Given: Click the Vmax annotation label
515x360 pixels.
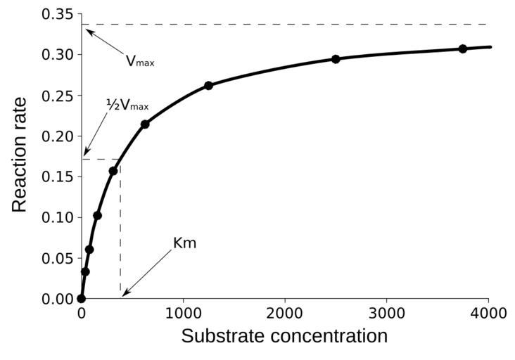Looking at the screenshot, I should point(140,61).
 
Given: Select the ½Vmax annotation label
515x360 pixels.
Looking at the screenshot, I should point(127,105).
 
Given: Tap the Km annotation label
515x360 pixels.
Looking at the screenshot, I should point(184,243).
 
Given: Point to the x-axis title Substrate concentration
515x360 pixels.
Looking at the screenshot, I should point(284,336).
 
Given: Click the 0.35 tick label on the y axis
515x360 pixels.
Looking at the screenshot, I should point(57,14).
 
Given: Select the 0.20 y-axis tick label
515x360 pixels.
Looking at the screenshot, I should point(57,136).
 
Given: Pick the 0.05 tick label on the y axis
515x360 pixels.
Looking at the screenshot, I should point(57,258).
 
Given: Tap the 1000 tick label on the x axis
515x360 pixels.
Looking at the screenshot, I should point(183,312).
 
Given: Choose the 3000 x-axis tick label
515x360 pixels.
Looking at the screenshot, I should point(386,312).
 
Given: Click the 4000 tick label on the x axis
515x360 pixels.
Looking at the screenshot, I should point(488,312).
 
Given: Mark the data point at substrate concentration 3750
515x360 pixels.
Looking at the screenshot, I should point(463,49).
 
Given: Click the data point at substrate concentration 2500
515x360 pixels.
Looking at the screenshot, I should point(336,59).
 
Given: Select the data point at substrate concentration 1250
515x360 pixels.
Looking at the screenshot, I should point(208,85).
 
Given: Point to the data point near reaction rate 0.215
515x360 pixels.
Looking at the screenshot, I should point(145,124).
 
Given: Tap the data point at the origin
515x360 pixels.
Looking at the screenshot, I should point(82,299).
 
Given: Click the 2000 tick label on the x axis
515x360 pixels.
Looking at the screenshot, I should point(285,312).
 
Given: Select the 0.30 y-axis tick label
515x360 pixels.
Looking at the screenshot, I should point(57,55).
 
